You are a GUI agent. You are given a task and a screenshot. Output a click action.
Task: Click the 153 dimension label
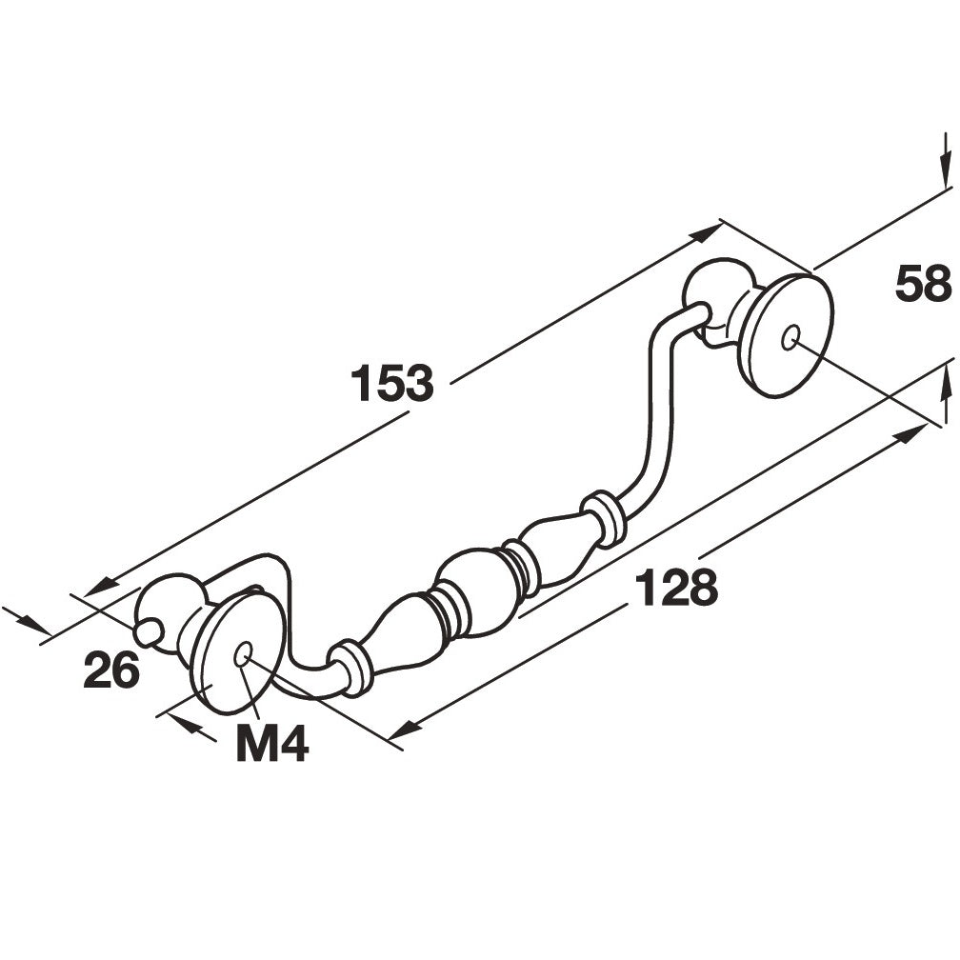(391, 383)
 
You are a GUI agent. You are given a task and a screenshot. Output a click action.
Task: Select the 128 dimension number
(676, 586)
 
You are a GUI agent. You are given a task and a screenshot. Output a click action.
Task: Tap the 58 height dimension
(923, 284)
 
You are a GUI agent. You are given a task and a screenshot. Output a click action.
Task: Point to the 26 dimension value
(112, 670)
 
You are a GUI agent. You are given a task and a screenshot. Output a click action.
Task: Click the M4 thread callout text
(271, 742)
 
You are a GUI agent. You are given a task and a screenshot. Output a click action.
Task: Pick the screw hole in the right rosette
(790, 337)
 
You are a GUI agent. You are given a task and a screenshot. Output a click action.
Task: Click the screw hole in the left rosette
(243, 654)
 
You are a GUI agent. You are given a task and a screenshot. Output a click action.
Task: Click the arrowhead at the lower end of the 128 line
(404, 729)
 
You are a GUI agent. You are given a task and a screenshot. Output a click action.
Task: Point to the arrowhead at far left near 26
(37, 625)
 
